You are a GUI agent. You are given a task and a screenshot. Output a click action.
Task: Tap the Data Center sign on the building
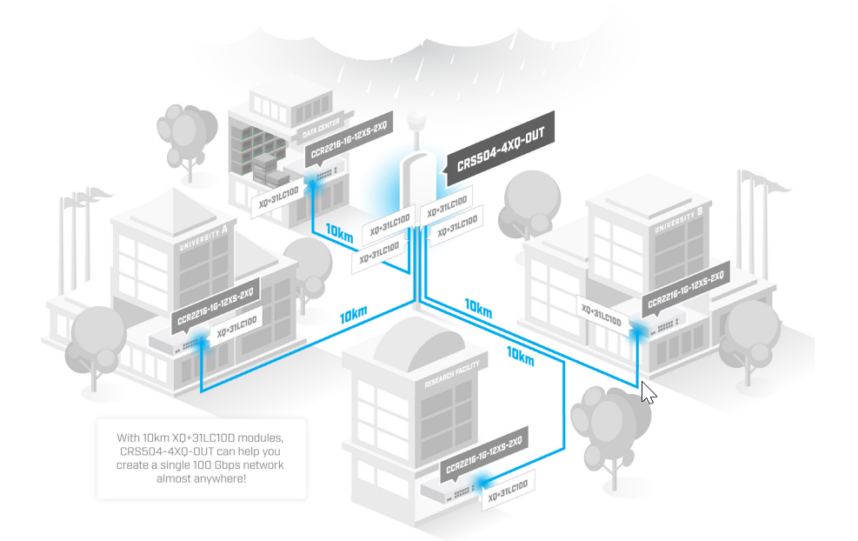click(320, 130)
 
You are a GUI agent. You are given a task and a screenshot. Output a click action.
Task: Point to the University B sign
click(676, 221)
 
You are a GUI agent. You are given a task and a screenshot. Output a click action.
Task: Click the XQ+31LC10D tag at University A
click(236, 326)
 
